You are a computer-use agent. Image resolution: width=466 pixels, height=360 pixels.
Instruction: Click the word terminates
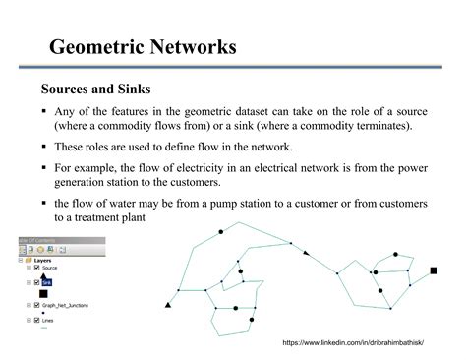383,126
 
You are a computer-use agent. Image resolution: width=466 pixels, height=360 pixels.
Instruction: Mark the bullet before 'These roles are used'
43,148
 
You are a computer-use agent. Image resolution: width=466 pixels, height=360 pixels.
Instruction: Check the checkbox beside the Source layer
36,268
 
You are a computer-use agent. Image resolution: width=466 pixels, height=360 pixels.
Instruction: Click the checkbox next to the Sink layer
36,281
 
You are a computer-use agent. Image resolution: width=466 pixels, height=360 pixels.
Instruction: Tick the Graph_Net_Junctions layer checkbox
36,305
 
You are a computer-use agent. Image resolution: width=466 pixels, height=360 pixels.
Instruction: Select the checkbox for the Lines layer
36,321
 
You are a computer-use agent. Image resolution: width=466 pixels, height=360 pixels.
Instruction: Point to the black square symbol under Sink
43,292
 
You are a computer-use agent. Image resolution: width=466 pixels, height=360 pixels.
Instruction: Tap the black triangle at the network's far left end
168,306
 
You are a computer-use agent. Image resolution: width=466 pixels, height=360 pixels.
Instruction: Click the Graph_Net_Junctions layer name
65,305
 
